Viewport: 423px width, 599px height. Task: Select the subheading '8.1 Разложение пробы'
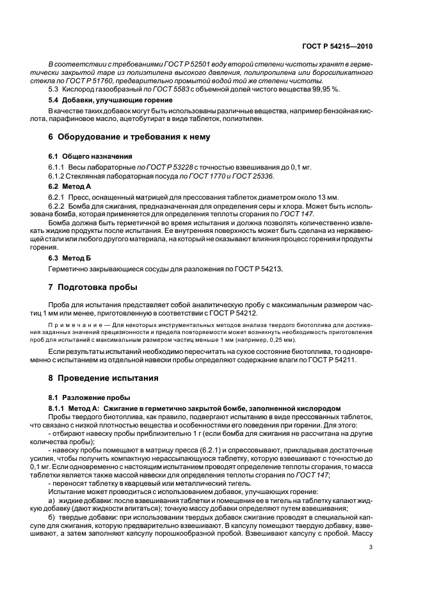[84, 397]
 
